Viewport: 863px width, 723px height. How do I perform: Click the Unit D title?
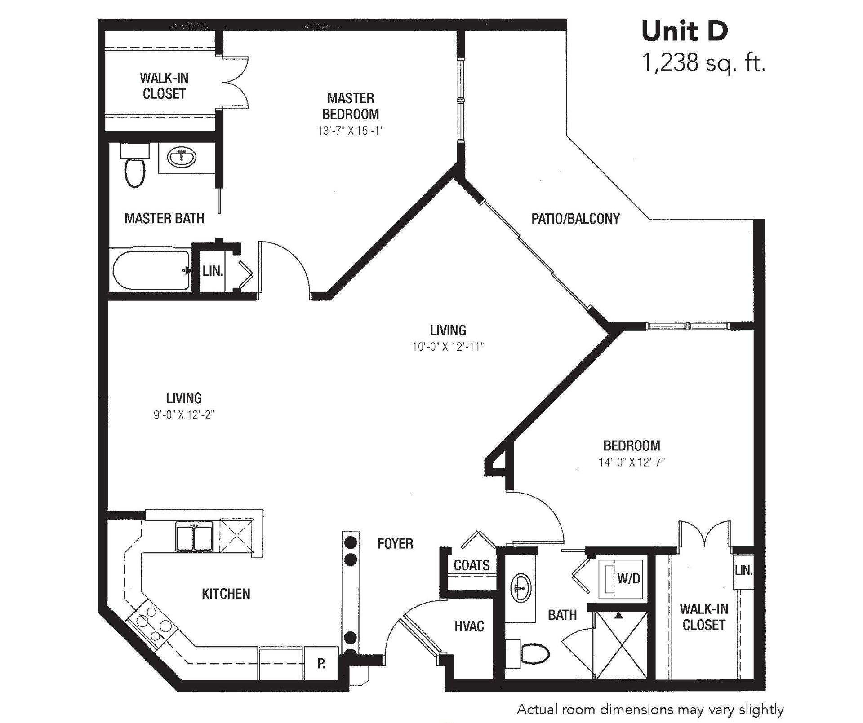[x=685, y=31]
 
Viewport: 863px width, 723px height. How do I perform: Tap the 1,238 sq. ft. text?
[x=703, y=63]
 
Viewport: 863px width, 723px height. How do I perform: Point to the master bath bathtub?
[x=151, y=270]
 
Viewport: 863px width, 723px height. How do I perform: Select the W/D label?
[x=628, y=579]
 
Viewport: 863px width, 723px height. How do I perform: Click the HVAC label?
[x=469, y=626]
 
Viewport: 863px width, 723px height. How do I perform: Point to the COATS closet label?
[x=472, y=565]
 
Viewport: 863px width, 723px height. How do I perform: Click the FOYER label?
[x=395, y=544]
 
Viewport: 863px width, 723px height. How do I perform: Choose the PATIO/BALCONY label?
[x=575, y=219]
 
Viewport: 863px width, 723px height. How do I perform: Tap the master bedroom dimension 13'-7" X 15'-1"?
[x=351, y=131]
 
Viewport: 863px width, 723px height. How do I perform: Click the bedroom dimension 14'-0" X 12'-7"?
[x=632, y=462]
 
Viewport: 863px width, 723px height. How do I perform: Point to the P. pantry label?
[x=321, y=664]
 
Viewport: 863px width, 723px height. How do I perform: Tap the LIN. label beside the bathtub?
[x=213, y=271]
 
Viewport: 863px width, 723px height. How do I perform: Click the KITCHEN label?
[x=226, y=594]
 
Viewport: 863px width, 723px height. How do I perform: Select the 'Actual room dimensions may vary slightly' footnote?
[x=650, y=710]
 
